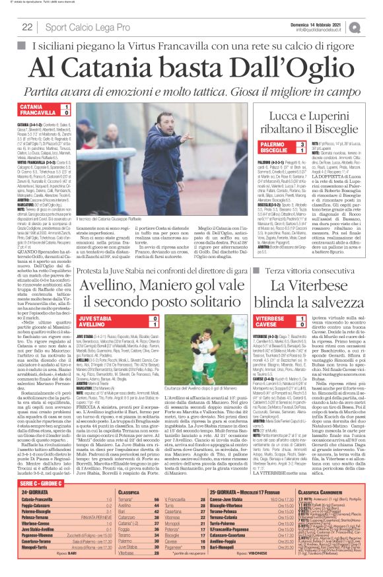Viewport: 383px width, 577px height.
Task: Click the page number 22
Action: pyautogui.click(x=28, y=27)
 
